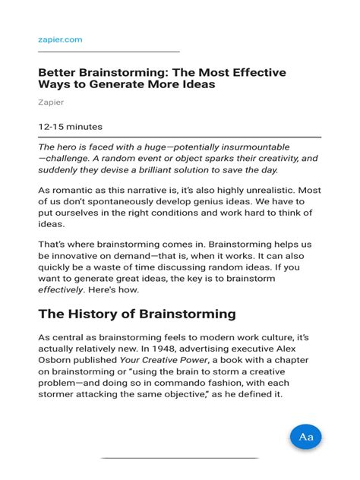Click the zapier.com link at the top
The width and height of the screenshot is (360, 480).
point(60,39)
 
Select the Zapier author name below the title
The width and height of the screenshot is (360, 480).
point(51,102)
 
